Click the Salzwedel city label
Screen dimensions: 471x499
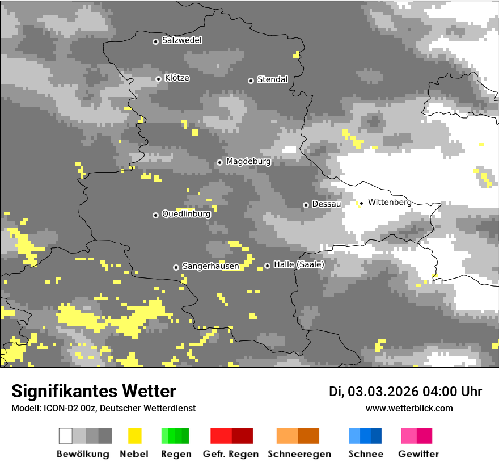181,40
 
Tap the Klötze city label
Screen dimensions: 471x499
177,78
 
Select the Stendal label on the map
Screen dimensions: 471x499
272,79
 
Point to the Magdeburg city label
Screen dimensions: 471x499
248,162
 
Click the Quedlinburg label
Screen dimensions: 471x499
186,214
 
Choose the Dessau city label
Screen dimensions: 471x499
327,204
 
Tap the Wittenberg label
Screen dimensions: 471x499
390,202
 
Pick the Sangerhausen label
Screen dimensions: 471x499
210,266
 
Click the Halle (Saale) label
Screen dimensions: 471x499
299,264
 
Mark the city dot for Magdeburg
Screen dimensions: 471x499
219,162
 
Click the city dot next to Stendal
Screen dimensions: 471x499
251,80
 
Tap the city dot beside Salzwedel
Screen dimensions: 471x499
155,41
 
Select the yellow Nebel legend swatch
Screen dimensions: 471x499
135,436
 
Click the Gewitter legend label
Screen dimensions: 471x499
418,454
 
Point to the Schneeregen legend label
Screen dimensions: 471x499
299,454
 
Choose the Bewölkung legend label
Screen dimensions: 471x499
83,454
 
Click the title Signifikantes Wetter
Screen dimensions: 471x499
94,391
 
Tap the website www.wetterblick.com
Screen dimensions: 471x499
409,408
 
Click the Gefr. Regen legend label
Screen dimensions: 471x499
231,454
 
